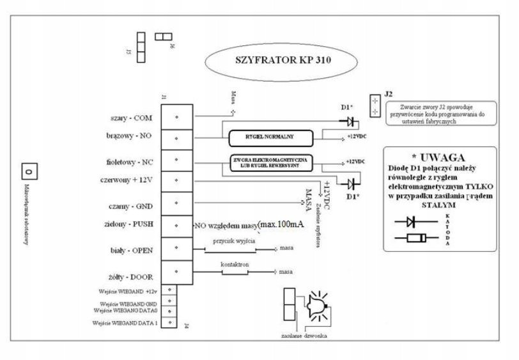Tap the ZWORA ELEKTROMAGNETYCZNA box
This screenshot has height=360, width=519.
pyautogui.click(x=270, y=162)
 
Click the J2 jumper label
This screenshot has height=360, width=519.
pyautogui.click(x=389, y=93)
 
